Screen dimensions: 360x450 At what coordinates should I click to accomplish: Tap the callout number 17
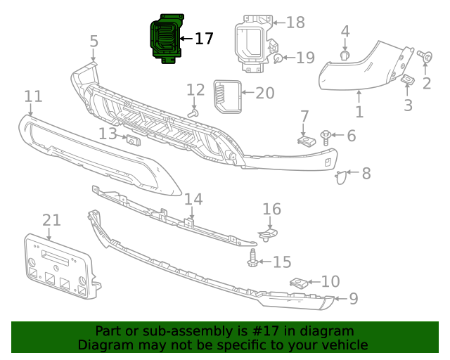203,39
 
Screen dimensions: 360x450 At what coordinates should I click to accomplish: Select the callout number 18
295,22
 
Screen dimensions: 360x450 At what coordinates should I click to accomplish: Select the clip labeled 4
345,56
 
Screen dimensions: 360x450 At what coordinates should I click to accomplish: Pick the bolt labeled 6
327,135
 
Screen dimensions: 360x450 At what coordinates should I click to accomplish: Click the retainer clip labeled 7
304,140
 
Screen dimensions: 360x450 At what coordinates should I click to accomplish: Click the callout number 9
353,299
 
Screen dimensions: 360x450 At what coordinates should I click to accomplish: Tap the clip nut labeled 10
299,283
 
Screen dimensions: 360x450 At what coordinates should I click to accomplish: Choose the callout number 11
33,96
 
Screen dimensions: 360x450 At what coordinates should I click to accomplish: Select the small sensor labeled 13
131,141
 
